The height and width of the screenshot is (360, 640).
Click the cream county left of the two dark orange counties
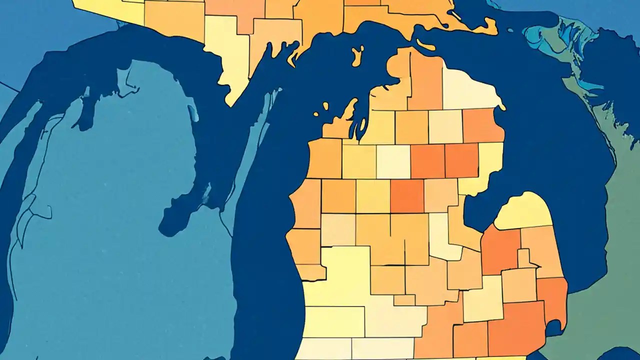(393, 161)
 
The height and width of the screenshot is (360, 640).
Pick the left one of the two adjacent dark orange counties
(427, 161)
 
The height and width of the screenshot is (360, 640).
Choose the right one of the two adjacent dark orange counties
(461, 160)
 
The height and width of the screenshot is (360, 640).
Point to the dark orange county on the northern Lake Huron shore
(482, 125)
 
